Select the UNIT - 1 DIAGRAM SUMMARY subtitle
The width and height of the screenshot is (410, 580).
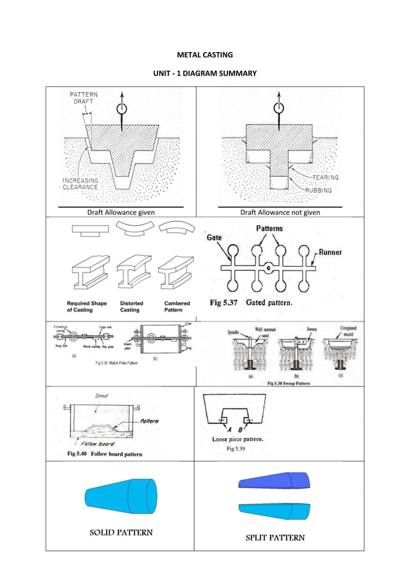[204, 73]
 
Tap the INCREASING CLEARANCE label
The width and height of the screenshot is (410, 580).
[80, 184]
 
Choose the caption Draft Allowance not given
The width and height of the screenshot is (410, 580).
[280, 212]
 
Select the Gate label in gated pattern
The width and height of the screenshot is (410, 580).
[215, 238]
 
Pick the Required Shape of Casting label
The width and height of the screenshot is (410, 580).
[86, 306]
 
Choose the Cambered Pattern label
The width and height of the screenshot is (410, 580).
[177, 306]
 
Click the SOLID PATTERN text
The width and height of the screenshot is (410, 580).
[121, 532]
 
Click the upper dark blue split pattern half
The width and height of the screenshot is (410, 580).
[272, 481]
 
